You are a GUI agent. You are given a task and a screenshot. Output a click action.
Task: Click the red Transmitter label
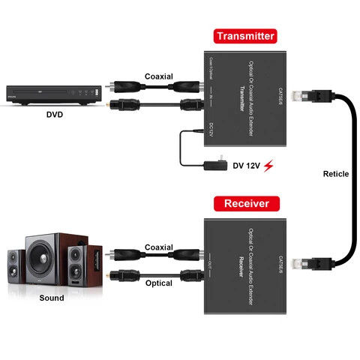[245, 35]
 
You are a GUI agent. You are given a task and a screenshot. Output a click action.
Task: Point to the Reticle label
[335, 174]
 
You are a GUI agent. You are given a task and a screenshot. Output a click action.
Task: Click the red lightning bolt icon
[269, 165]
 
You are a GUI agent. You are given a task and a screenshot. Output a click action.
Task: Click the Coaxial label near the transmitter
[159, 76]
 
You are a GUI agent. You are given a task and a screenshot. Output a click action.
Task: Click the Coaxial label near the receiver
[158, 247]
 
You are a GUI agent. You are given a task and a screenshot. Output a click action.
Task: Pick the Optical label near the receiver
[158, 283]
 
